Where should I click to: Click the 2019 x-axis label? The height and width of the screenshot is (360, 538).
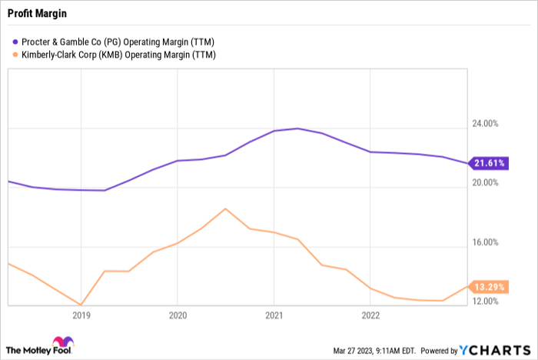[81, 315]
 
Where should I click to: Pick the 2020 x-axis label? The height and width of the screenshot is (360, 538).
[178, 315]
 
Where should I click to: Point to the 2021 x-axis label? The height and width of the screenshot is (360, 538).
[274, 315]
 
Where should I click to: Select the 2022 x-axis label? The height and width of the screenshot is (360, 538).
[370, 315]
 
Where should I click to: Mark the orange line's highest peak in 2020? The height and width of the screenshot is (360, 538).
[225, 208]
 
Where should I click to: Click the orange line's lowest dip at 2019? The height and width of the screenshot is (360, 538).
[81, 305]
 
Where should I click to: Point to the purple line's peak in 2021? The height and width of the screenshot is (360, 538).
[297, 128]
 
